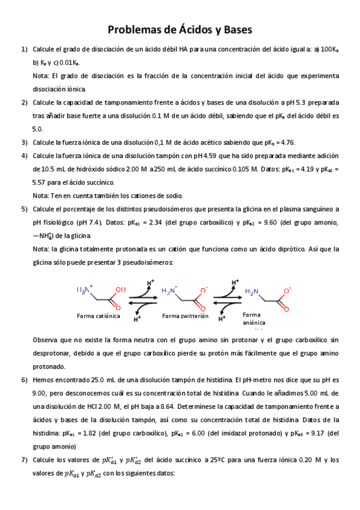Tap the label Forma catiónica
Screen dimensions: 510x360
99,316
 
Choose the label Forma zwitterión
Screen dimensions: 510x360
186,316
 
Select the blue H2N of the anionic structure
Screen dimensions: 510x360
252,292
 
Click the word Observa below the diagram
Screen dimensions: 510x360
45,340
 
